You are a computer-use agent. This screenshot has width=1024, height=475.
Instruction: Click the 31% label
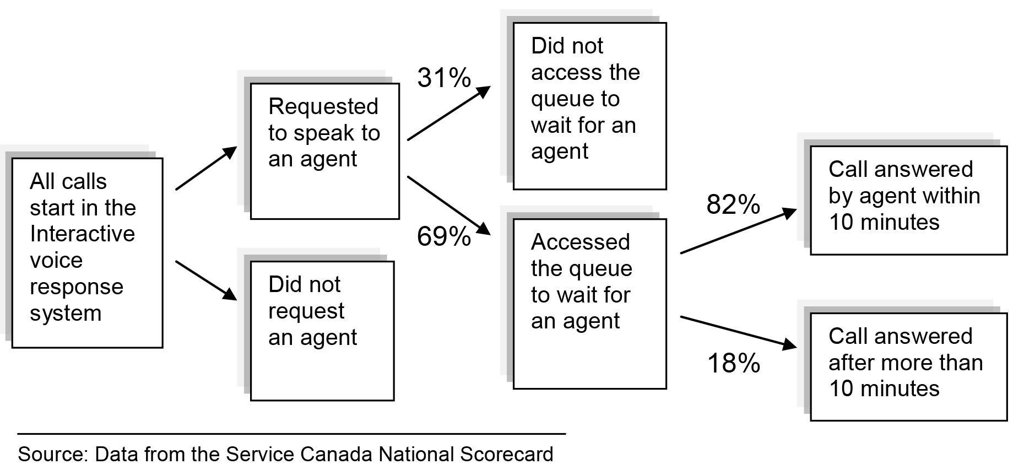[x=444, y=78]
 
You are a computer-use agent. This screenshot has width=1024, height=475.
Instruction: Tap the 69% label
[x=444, y=237]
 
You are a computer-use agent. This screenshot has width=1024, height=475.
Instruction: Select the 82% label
[x=733, y=205]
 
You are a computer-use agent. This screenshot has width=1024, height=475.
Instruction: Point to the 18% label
[x=733, y=364]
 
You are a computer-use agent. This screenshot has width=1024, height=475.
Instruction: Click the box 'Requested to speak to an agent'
[x=324, y=151]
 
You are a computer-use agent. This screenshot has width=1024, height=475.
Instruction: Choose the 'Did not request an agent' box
[x=322, y=331]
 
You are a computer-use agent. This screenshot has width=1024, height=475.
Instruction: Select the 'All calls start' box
[x=87, y=253]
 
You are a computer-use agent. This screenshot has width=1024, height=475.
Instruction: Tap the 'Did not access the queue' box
[x=589, y=106]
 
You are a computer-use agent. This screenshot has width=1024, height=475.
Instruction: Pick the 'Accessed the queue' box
[x=589, y=304]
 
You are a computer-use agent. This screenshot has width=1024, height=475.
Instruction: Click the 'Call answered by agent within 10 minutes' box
[x=908, y=200]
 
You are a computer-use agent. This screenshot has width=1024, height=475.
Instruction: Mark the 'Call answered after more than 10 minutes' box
[x=908, y=366]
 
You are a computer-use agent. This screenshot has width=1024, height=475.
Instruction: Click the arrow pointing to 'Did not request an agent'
[x=206, y=280]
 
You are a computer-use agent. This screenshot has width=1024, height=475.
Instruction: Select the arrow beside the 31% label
[x=448, y=114]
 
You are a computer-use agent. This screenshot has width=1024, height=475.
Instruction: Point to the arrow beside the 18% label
[x=738, y=332]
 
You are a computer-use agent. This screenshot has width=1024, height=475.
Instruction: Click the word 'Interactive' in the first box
[x=82, y=234]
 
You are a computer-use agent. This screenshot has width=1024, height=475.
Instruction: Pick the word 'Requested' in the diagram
[x=323, y=106]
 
